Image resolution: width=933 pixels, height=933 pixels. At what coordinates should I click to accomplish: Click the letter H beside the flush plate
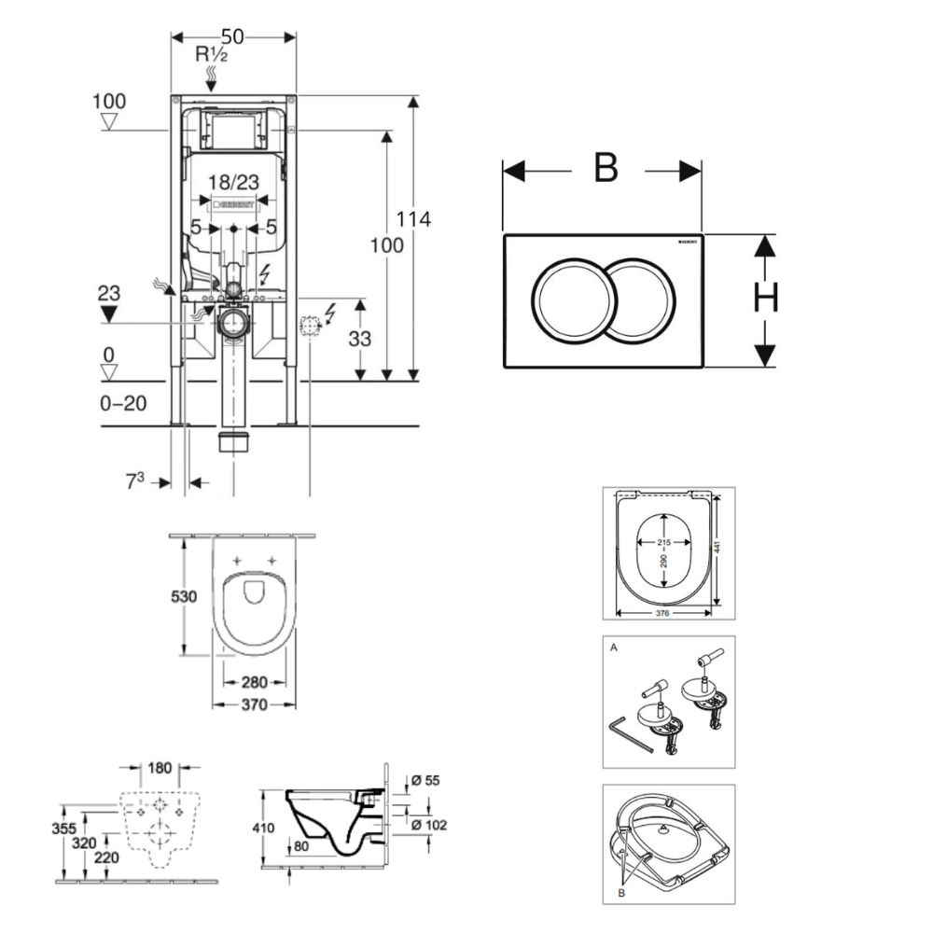[766, 298]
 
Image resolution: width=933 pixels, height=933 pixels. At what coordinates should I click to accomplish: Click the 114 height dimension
[414, 220]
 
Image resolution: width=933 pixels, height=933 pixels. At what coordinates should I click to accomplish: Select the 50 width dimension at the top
[233, 35]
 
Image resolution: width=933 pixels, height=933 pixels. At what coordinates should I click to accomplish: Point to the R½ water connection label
[212, 54]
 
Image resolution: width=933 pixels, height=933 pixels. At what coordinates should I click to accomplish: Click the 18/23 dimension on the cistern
[233, 183]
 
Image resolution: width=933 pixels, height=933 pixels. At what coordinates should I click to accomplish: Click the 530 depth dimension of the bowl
[183, 595]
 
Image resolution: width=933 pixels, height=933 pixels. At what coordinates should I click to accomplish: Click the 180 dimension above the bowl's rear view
[160, 768]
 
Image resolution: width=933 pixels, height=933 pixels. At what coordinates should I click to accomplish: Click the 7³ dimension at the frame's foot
[137, 482]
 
